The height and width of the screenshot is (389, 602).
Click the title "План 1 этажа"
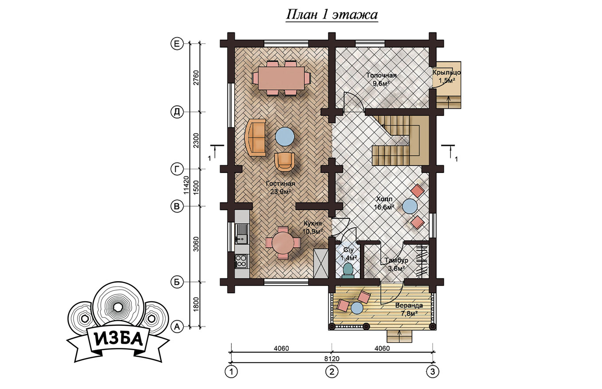332,15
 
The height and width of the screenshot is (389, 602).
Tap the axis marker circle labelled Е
177,43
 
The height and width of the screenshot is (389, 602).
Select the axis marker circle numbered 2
332,372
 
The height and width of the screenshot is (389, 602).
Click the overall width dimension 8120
332,358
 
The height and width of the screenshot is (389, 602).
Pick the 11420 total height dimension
186,185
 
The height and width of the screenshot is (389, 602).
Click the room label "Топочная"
381,75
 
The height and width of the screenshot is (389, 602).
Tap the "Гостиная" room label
280,183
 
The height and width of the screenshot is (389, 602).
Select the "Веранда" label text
409,305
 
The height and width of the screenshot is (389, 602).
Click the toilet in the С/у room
348,271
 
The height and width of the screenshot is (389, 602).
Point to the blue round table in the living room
285,137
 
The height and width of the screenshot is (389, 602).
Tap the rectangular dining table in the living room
281,78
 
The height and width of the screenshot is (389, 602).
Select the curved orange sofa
255,137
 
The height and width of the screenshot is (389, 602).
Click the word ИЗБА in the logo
118,339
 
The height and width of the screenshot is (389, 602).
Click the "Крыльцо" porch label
447,72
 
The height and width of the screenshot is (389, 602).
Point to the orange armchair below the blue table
285,162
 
